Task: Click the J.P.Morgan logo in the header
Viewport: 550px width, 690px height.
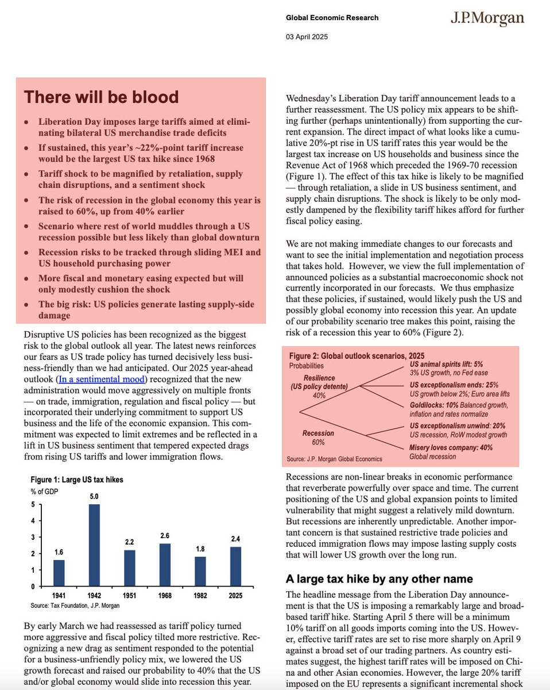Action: (486, 18)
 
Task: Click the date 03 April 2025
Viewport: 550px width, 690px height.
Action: (307, 37)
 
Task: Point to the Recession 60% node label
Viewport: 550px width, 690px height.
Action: (314, 438)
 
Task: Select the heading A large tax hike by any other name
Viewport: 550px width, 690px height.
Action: (379, 578)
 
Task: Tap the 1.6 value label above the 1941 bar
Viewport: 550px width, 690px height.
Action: (58, 552)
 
